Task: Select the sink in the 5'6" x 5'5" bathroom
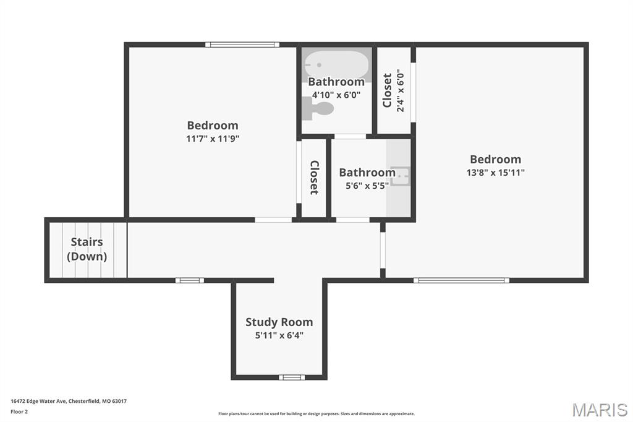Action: tap(400, 176)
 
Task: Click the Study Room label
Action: tap(279, 322)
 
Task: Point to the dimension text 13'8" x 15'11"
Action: tap(495, 173)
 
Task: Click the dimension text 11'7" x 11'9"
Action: tap(213, 139)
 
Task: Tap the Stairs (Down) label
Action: tap(87, 249)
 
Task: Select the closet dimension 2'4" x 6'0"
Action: tap(401, 90)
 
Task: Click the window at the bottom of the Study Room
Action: tap(292, 377)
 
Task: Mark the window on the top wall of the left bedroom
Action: tap(242, 45)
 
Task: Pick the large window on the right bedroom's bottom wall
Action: tap(461, 280)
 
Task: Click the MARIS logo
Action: tap(600, 410)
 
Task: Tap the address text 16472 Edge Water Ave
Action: tap(39, 401)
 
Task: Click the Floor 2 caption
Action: tap(19, 412)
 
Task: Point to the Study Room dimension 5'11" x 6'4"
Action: tap(279, 335)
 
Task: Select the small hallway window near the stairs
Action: tap(189, 280)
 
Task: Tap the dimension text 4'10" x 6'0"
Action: tap(336, 95)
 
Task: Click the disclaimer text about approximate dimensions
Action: tap(316, 413)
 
